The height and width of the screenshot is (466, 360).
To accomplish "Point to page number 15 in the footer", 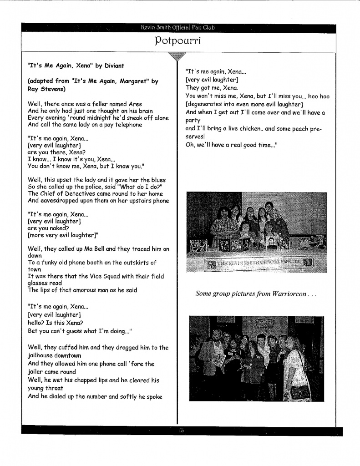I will pyautogui.click(x=180, y=431).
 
